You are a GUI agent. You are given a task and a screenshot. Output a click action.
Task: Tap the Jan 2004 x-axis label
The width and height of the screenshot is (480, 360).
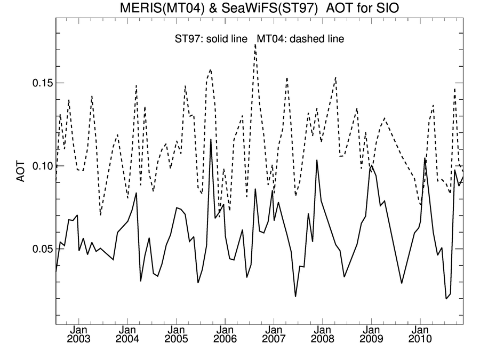(x=127, y=335)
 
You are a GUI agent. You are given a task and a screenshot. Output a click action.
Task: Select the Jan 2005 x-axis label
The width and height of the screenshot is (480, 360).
(x=177, y=335)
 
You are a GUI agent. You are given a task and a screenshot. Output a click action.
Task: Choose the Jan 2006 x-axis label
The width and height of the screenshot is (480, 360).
(x=225, y=335)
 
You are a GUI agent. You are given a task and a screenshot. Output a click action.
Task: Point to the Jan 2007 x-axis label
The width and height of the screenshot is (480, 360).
(x=274, y=335)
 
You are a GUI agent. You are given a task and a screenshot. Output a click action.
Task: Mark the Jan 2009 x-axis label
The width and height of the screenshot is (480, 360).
(x=371, y=335)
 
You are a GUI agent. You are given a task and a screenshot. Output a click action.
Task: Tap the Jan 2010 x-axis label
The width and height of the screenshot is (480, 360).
(x=420, y=335)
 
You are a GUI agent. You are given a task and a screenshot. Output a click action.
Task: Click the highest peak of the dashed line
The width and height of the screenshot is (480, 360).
(x=255, y=45)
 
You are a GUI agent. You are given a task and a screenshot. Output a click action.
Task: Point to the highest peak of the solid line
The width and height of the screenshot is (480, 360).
(x=211, y=140)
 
